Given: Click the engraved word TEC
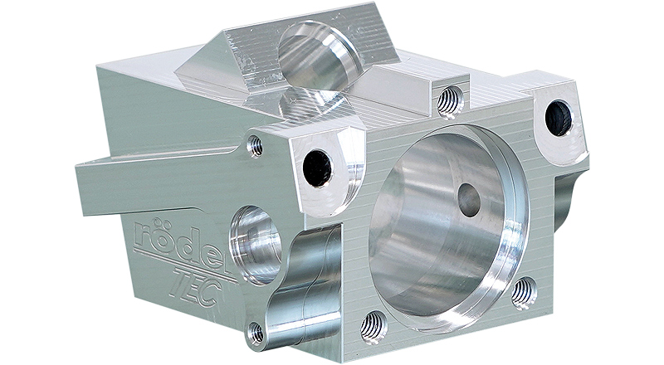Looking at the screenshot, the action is [197, 289].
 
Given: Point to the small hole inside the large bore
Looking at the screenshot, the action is [469, 199].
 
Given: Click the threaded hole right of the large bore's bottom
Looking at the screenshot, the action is [525, 293].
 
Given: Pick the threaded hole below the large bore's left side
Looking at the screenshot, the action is [374, 327].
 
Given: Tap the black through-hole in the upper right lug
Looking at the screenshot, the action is [558, 117].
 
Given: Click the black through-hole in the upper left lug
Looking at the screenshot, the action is [318, 168].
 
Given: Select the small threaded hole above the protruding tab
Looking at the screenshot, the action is [255, 146].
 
